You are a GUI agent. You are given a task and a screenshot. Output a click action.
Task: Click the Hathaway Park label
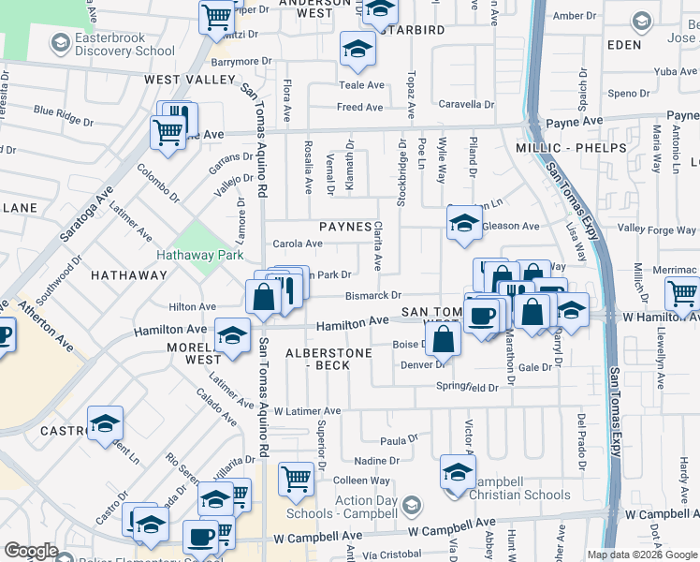201,255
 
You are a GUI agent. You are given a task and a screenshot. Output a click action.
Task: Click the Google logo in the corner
31,551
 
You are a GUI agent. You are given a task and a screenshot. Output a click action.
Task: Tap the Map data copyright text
641,555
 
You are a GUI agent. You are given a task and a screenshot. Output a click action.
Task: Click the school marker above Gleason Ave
463,223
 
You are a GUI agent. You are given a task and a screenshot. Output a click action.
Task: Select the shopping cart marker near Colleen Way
297,478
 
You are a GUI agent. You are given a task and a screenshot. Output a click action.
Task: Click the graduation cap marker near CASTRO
105,421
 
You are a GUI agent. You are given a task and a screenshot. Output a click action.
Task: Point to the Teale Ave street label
361,85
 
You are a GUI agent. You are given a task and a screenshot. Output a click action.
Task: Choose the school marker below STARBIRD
357,49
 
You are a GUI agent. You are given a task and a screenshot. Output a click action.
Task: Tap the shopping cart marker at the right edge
682,293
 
